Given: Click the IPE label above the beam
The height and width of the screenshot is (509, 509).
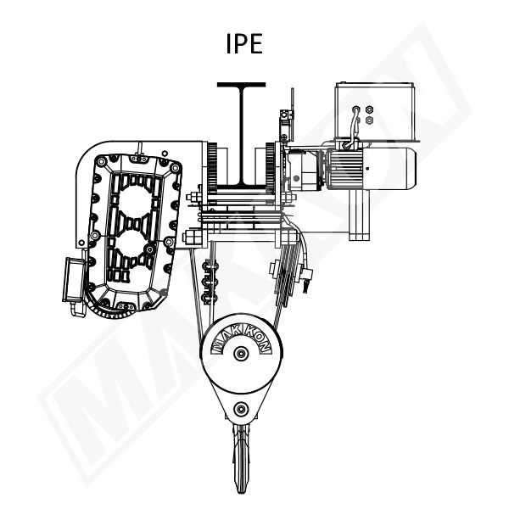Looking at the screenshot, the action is pyautogui.click(x=244, y=43).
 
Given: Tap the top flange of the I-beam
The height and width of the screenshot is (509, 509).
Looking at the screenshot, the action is pyautogui.click(x=241, y=85).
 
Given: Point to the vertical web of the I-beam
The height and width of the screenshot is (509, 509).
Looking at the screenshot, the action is pyautogui.click(x=241, y=136).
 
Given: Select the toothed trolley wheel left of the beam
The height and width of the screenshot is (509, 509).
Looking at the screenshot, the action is pyautogui.click(x=212, y=168).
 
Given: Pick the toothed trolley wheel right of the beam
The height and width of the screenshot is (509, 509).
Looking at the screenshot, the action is pyautogui.click(x=271, y=168).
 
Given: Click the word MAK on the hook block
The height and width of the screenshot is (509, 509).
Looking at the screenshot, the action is pyautogui.click(x=225, y=340).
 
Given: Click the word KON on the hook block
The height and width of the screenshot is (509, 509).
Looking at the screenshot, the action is pyautogui.click(x=257, y=339).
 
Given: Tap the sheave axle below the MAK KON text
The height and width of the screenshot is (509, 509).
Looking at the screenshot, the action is pyautogui.click(x=241, y=353).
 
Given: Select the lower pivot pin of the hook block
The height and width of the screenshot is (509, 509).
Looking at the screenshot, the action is pyautogui.click(x=241, y=409).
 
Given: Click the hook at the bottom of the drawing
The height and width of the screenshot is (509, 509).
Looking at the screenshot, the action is pyautogui.click(x=241, y=455).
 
